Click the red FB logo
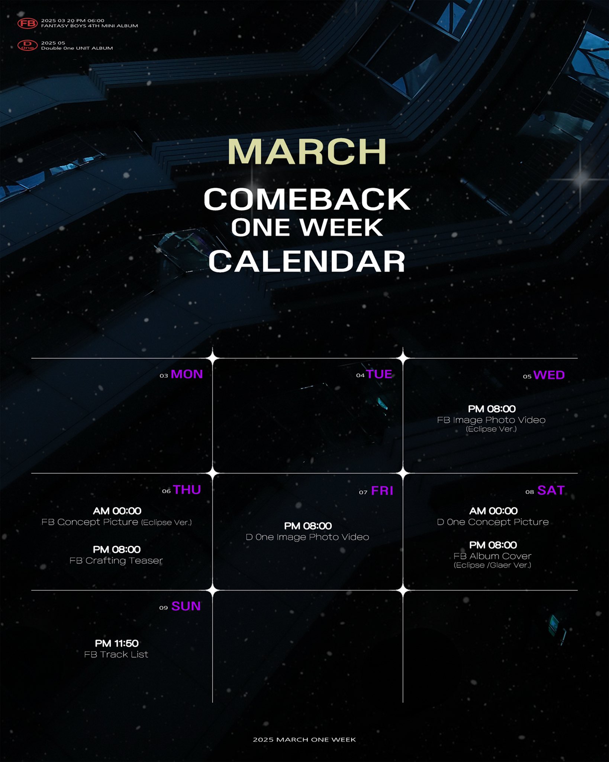[28, 23]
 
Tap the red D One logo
[28, 45]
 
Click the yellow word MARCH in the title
[307, 151]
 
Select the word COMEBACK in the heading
[307, 199]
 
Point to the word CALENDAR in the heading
[307, 261]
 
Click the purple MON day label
[187, 374]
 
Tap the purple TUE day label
[379, 374]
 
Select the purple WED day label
[549, 375]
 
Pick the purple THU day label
[187, 490]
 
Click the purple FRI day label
[382, 491]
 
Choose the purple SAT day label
[551, 490]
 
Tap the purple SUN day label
[186, 606]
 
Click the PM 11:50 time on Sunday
[117, 643]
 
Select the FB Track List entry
[116, 654]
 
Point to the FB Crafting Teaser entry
[116, 561]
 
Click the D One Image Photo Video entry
[307, 537]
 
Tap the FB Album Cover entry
[492, 556]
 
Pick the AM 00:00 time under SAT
[493, 511]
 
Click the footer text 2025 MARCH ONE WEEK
[304, 740]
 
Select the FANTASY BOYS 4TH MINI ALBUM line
[90, 26]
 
